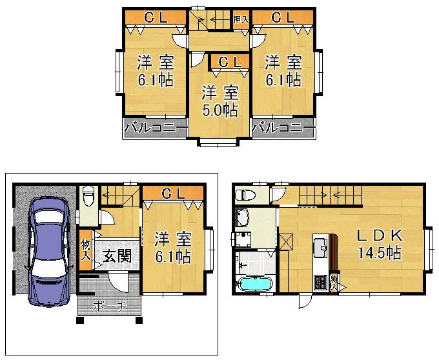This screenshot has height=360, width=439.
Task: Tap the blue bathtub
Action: tap(256, 284)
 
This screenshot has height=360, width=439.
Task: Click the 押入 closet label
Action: tap(240, 21)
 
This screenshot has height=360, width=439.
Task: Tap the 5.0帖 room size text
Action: tap(219, 110)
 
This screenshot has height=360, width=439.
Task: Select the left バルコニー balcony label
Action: tap(153, 128)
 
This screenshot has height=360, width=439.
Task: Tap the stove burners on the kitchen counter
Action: tap(320, 281)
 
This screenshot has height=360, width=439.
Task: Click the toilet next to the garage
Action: tap(88, 194)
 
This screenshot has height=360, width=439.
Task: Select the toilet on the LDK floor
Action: tap(246, 194)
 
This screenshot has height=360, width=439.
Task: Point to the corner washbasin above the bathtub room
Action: tap(243, 217)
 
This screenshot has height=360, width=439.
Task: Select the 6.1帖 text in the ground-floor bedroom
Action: tap(172, 257)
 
